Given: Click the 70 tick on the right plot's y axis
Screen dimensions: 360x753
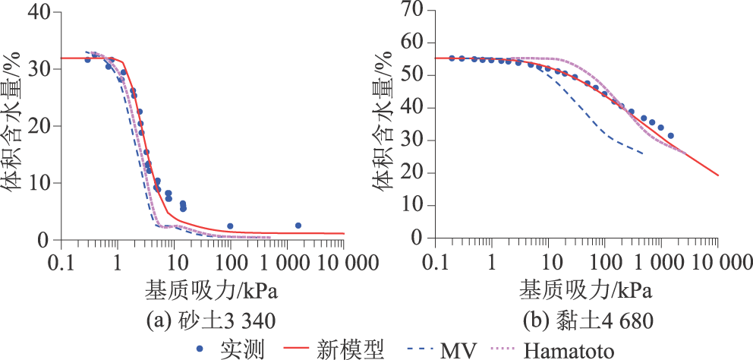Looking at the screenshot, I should (x=414, y=10).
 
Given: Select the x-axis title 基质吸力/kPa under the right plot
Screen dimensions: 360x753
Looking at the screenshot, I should (x=582, y=289).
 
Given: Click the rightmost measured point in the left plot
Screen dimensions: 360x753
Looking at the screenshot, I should (x=298, y=226).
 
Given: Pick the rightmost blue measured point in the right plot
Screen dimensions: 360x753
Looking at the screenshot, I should (x=670, y=136).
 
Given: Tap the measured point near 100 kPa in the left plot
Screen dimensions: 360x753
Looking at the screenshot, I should (x=230, y=226).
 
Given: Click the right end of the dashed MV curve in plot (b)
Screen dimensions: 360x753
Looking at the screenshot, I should (x=643, y=153).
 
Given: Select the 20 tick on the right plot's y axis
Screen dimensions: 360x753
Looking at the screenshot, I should (x=414, y=172).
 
